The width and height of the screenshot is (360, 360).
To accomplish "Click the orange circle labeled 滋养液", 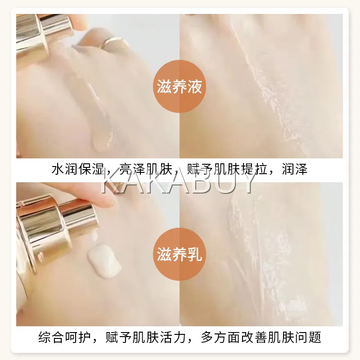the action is coord(179,86).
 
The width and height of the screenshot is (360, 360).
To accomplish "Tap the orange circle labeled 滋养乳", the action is coord(179,254).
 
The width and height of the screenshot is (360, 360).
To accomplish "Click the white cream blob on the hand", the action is coord(104,261).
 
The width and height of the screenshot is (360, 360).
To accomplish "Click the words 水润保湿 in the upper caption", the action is coord(78,169).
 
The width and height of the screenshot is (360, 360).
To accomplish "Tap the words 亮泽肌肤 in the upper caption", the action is coord(146,169).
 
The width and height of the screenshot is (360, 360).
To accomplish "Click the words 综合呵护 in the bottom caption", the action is coord(65,337).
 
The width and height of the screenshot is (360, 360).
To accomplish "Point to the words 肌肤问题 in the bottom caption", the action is coord(295,337).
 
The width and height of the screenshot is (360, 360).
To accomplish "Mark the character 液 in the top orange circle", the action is coord(195,87).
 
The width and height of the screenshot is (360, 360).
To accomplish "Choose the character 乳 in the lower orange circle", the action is coord(195,254).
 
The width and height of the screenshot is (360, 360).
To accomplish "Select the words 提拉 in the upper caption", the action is coord(254,169).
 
